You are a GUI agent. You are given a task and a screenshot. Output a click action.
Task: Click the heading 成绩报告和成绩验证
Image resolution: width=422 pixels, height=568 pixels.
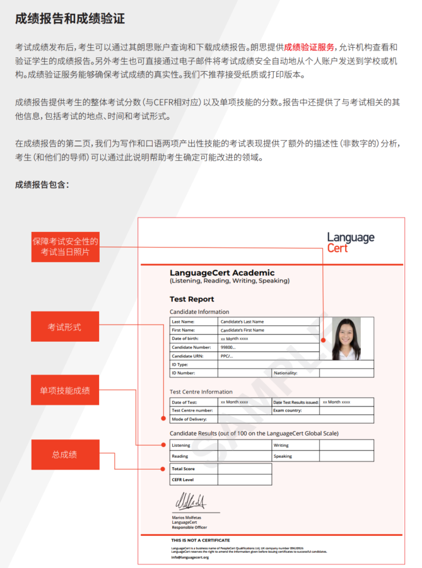tap(70, 18)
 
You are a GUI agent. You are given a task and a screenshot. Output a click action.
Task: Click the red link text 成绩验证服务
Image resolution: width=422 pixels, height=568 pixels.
tap(309, 47)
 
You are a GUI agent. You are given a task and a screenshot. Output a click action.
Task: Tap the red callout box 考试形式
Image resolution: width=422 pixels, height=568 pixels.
tap(66, 327)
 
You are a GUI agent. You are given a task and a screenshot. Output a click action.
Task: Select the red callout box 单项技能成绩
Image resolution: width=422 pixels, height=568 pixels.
tap(66, 391)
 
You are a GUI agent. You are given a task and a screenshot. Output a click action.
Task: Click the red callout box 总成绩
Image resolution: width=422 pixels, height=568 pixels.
tap(66, 455)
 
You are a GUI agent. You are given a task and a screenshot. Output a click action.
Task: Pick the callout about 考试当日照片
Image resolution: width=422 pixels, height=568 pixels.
tap(66, 246)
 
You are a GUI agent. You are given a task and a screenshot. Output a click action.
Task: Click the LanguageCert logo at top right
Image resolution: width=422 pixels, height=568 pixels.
tap(350, 242)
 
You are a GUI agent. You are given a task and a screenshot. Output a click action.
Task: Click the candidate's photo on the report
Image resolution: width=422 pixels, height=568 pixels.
tap(346, 338)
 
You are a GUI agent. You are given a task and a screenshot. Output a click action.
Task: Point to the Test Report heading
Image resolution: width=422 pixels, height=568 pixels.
tap(192, 299)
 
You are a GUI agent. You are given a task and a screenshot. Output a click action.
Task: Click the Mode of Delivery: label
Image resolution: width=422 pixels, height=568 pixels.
tap(189, 419)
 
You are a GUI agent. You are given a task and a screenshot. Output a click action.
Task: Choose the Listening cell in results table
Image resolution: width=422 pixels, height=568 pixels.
tap(181, 446)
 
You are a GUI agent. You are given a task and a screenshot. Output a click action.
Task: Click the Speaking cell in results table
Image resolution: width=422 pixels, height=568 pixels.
tap(283, 456)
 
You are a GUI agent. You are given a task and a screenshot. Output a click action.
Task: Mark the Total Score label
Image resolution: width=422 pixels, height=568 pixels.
tap(184, 469)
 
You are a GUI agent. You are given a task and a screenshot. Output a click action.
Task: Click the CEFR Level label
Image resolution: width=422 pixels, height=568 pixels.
tap(183, 480)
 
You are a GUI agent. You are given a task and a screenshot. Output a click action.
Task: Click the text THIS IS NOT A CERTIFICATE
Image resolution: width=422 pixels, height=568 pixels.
tap(200, 540)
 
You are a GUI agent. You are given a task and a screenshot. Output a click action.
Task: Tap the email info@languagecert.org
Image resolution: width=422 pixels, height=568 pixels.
tap(190, 557)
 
